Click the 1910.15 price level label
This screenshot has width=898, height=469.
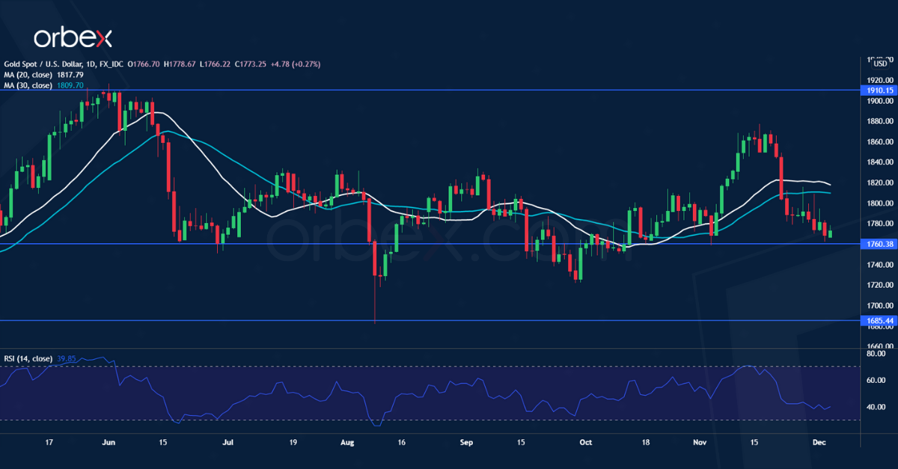tap(877, 91)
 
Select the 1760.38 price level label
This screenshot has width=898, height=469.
tap(877, 244)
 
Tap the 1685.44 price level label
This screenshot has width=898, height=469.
tap(877, 321)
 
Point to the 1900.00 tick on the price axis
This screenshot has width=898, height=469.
tap(876, 100)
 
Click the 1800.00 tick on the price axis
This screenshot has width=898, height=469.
tap(876, 203)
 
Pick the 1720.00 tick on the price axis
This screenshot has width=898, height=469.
tap(876, 285)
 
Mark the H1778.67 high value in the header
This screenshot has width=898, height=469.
tap(181, 64)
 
